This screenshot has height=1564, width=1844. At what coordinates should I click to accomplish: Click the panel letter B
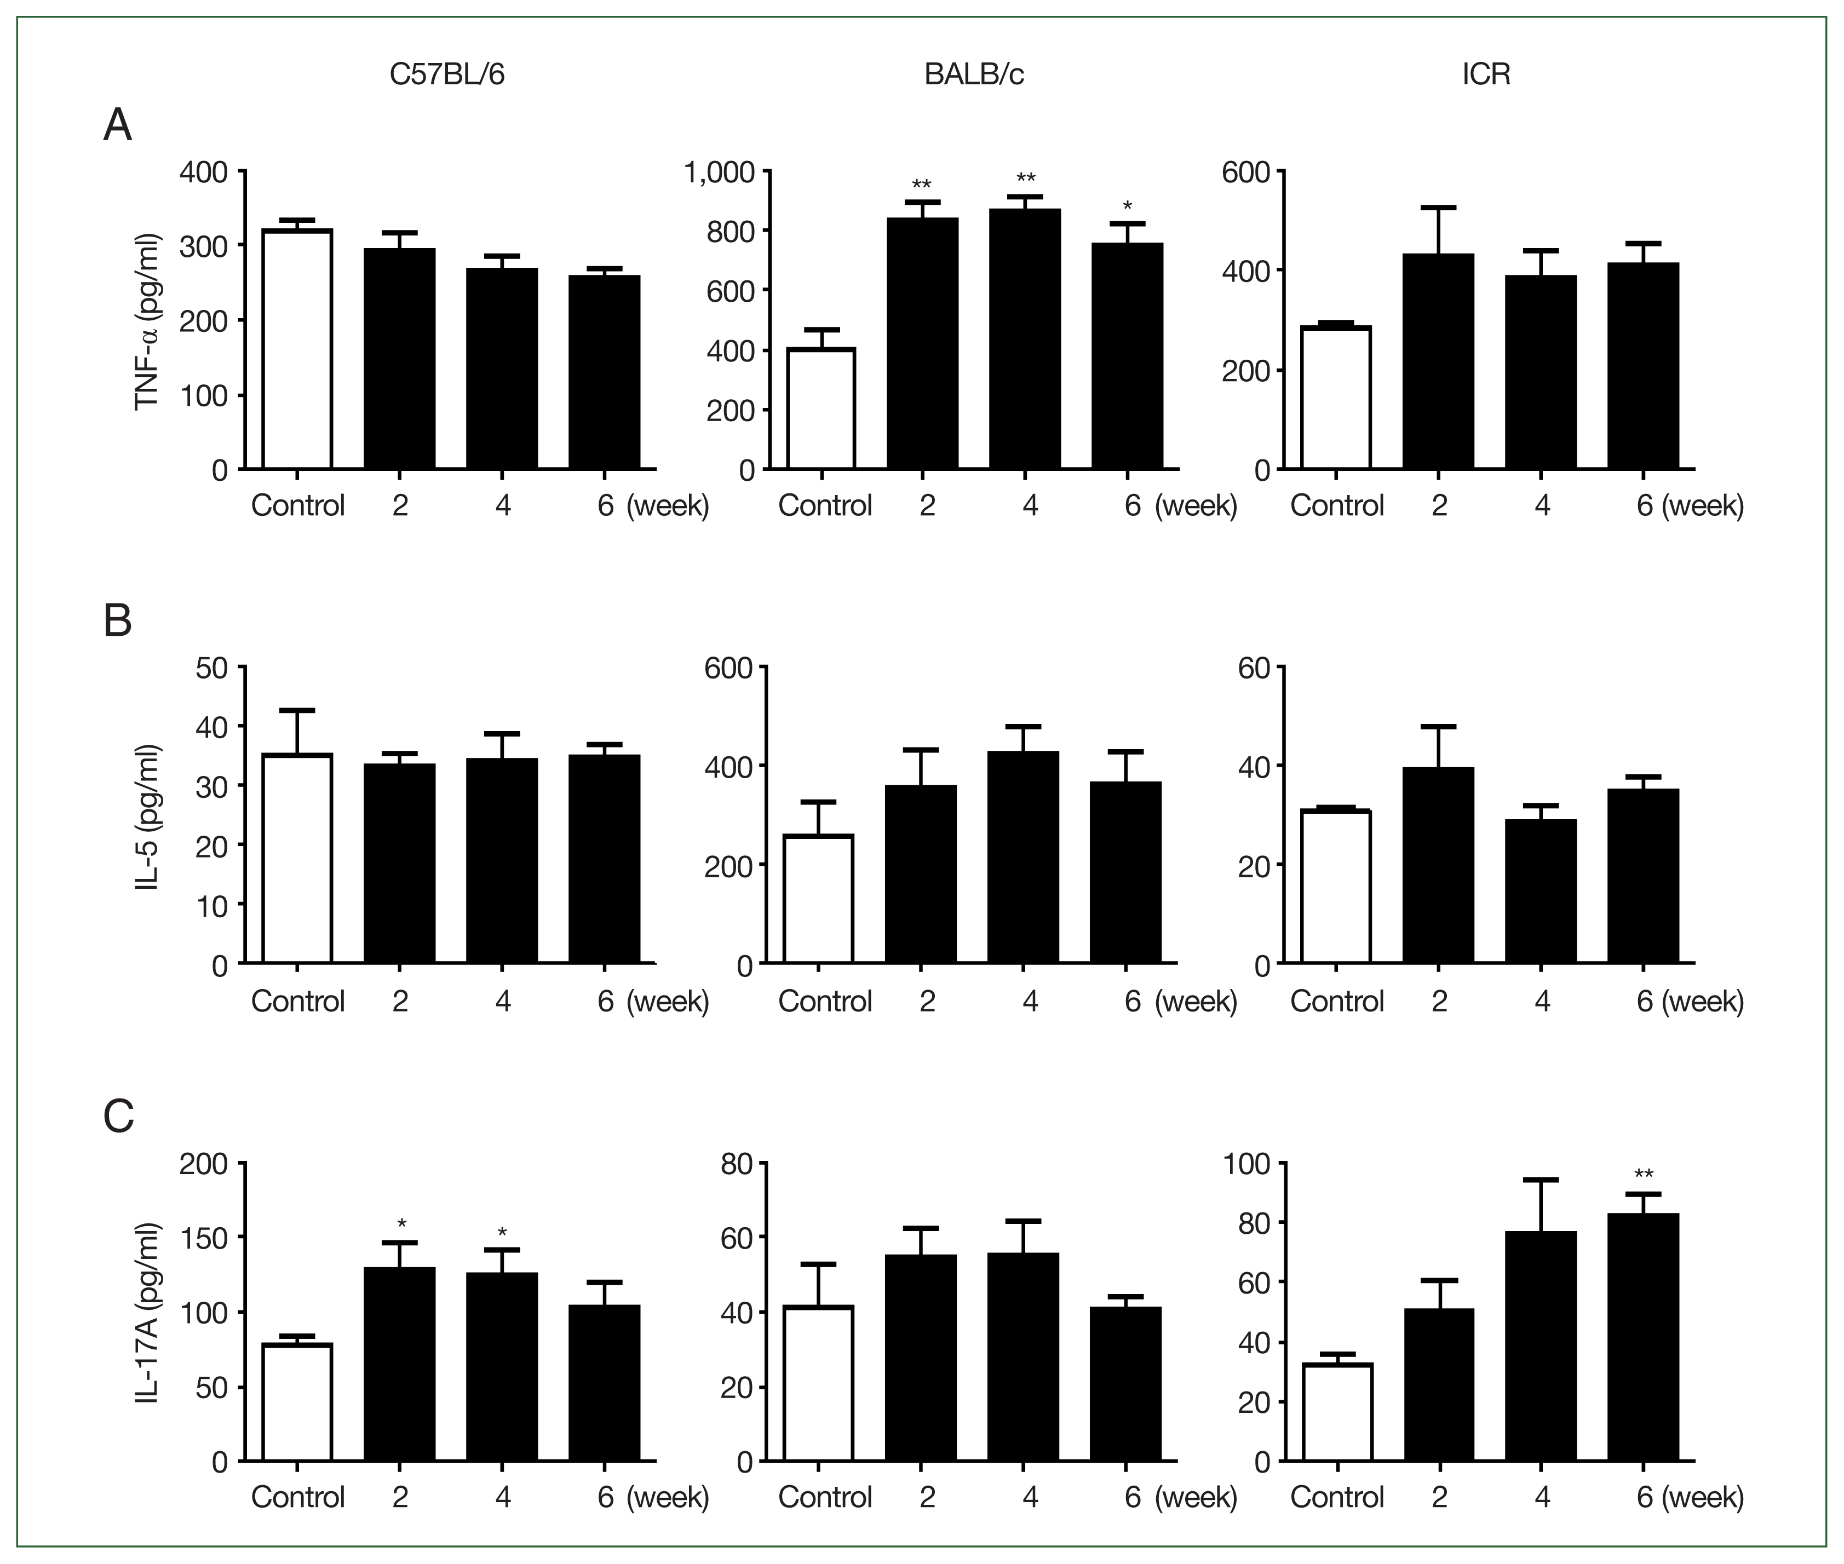click(118, 620)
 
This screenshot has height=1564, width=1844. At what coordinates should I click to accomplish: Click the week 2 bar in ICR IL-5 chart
click(1438, 865)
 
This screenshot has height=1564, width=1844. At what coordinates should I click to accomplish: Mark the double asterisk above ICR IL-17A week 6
click(1643, 1176)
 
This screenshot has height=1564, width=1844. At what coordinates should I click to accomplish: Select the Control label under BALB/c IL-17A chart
click(824, 1498)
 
